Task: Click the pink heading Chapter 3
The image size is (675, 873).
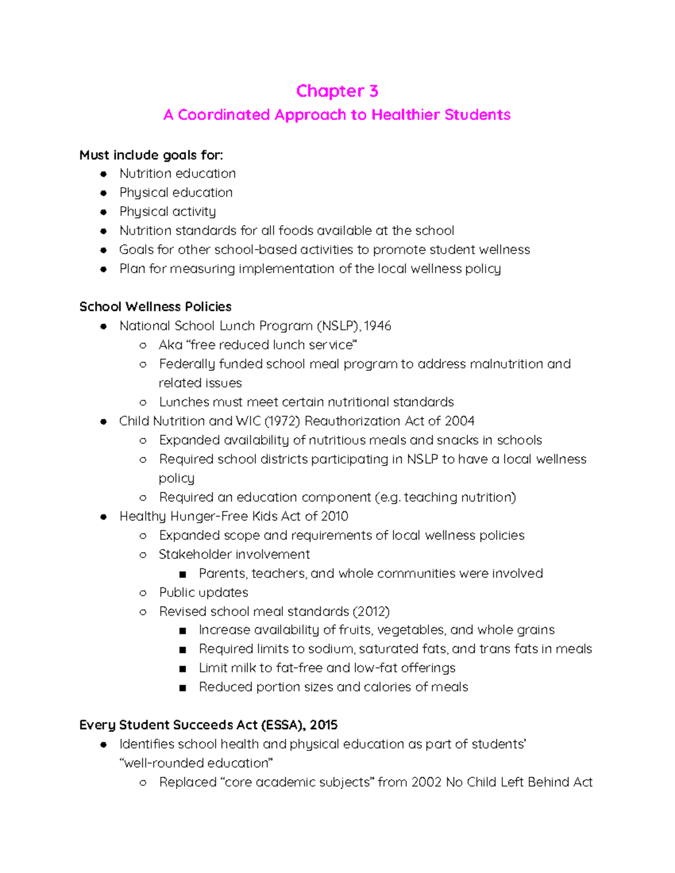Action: coord(337,91)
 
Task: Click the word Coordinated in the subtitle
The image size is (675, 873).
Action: coord(224,115)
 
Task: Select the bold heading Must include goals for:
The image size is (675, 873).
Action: coord(151,155)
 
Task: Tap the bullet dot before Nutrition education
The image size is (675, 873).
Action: coord(103,174)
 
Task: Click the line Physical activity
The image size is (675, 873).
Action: coord(168,212)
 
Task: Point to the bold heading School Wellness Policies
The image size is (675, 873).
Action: coord(155,307)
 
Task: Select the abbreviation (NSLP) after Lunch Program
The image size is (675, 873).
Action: coord(338,326)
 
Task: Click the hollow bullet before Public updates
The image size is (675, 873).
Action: coord(143,593)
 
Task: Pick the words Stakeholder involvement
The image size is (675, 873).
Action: coord(234,555)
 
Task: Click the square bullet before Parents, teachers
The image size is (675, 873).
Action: coord(182,575)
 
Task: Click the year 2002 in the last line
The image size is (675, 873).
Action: coord(426,782)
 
